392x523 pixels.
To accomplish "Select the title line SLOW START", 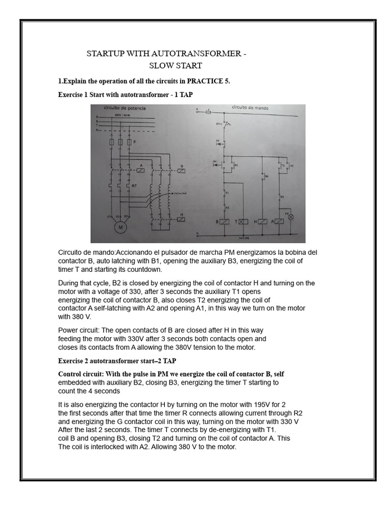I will [x=168, y=65].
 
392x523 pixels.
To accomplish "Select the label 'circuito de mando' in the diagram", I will [x=250, y=108].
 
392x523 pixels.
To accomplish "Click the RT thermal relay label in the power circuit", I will [x=134, y=185].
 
